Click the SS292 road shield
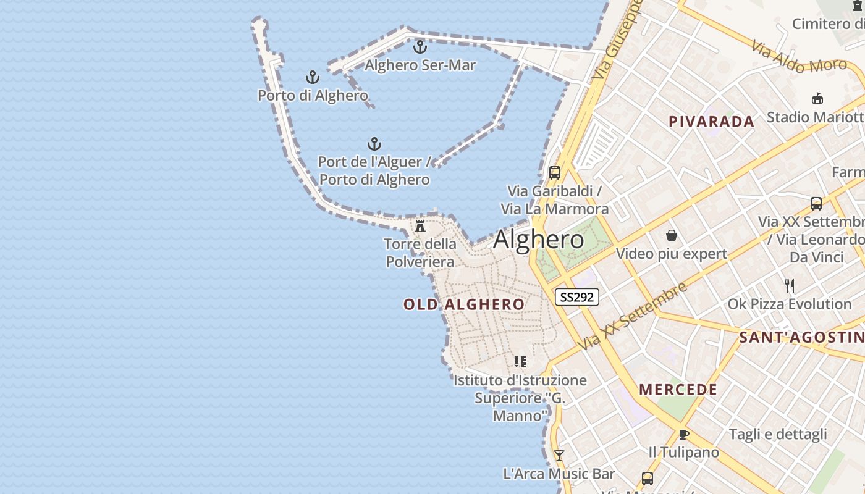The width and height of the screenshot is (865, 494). coord(577,297)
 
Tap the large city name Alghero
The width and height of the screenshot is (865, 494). coord(538,240)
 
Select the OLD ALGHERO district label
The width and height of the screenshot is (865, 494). coord(463,304)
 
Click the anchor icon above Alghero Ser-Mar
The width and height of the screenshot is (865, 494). coord(420,46)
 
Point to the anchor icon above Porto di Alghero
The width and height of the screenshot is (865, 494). coord(313,77)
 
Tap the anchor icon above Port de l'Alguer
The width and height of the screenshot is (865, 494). coord(374,144)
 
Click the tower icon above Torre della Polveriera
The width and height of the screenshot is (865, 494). coord(420,225)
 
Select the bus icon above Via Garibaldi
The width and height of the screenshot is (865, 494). coord(555,172)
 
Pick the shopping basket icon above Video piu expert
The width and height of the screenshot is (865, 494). coord(672,235)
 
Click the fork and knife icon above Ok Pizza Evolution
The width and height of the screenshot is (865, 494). coord(789,285)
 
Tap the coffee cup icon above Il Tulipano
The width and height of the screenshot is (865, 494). coord(683,434)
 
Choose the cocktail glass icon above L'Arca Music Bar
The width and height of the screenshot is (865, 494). coord(559,456)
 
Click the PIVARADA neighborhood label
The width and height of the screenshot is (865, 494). coord(711,122)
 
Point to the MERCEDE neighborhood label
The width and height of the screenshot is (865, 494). coord(678,390)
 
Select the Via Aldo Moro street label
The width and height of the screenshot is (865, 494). coord(799,57)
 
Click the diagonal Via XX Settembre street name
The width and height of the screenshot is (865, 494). coord(633,316)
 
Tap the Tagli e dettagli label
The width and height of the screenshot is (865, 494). coord(777,434)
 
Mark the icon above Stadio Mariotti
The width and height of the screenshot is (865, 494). coord(817,98)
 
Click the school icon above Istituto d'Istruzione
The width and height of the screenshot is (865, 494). coord(520,361)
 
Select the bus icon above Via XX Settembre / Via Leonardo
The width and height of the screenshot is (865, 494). coord(816,203)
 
